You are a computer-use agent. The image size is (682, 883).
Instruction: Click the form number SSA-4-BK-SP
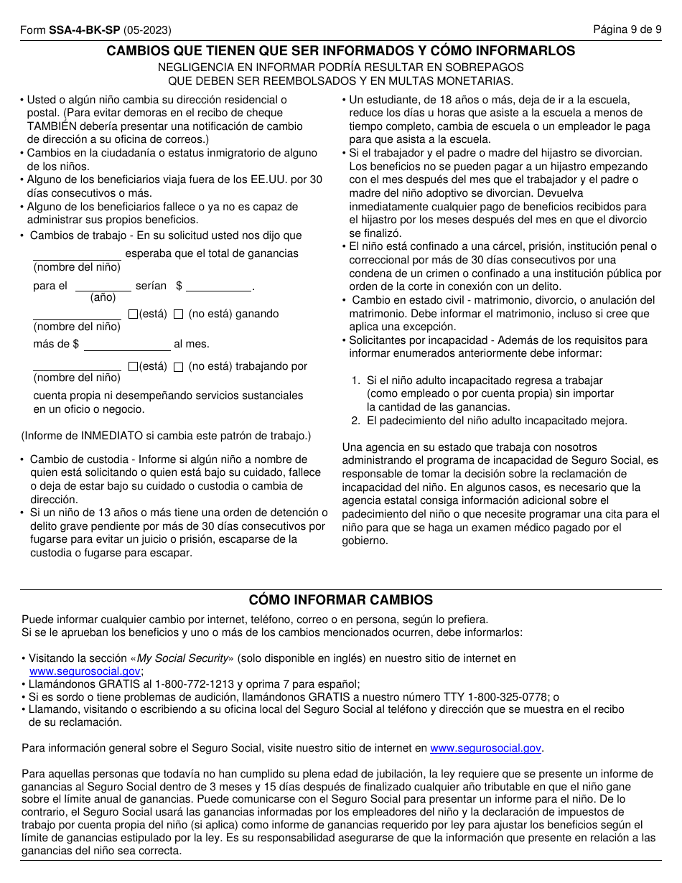[85, 30]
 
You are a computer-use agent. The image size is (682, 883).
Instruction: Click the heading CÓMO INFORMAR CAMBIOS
[340, 600]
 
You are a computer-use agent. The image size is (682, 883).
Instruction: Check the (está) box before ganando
[133, 314]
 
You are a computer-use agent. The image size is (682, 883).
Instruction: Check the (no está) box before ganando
[178, 314]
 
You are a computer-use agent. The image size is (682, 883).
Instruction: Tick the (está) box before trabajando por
[133, 366]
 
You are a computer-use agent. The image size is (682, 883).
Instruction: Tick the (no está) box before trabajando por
[178, 366]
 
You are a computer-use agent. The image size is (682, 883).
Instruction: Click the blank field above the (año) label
[102, 285]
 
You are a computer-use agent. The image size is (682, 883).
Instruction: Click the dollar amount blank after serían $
[219, 285]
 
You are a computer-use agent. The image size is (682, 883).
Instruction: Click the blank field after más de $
[127, 344]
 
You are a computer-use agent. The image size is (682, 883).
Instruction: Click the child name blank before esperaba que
[77, 253]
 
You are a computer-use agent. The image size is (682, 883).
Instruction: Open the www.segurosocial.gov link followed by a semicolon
[85, 671]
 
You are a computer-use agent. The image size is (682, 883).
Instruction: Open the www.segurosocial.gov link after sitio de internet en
[485, 748]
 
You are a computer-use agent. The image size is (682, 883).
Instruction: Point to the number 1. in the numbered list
[355, 380]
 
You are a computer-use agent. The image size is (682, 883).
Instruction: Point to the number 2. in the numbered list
[355, 421]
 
